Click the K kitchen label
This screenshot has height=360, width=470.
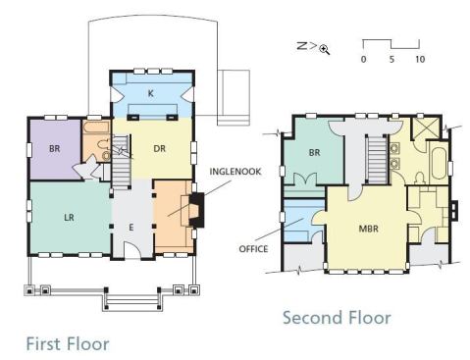(x=150, y=93)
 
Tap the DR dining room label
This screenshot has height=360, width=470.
(x=160, y=149)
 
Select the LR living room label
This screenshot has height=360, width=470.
(x=69, y=218)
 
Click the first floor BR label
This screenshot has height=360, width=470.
(x=55, y=149)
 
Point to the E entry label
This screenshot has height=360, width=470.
(x=131, y=228)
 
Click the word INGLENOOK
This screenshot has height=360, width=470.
(x=235, y=172)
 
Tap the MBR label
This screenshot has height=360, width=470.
(x=369, y=229)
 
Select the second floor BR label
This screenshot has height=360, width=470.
(x=314, y=153)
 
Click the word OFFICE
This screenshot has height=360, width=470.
(x=253, y=249)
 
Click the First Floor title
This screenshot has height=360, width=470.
(x=68, y=344)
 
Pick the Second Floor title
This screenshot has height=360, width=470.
(x=337, y=318)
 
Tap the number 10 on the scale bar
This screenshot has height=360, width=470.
(x=420, y=59)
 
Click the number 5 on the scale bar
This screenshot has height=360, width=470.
(x=392, y=59)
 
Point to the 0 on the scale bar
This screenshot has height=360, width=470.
(x=363, y=59)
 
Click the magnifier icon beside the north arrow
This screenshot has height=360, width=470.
(x=324, y=49)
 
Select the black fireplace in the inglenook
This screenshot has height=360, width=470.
(x=197, y=210)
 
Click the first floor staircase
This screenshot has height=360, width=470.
(x=122, y=162)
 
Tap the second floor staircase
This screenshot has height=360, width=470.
(x=377, y=159)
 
